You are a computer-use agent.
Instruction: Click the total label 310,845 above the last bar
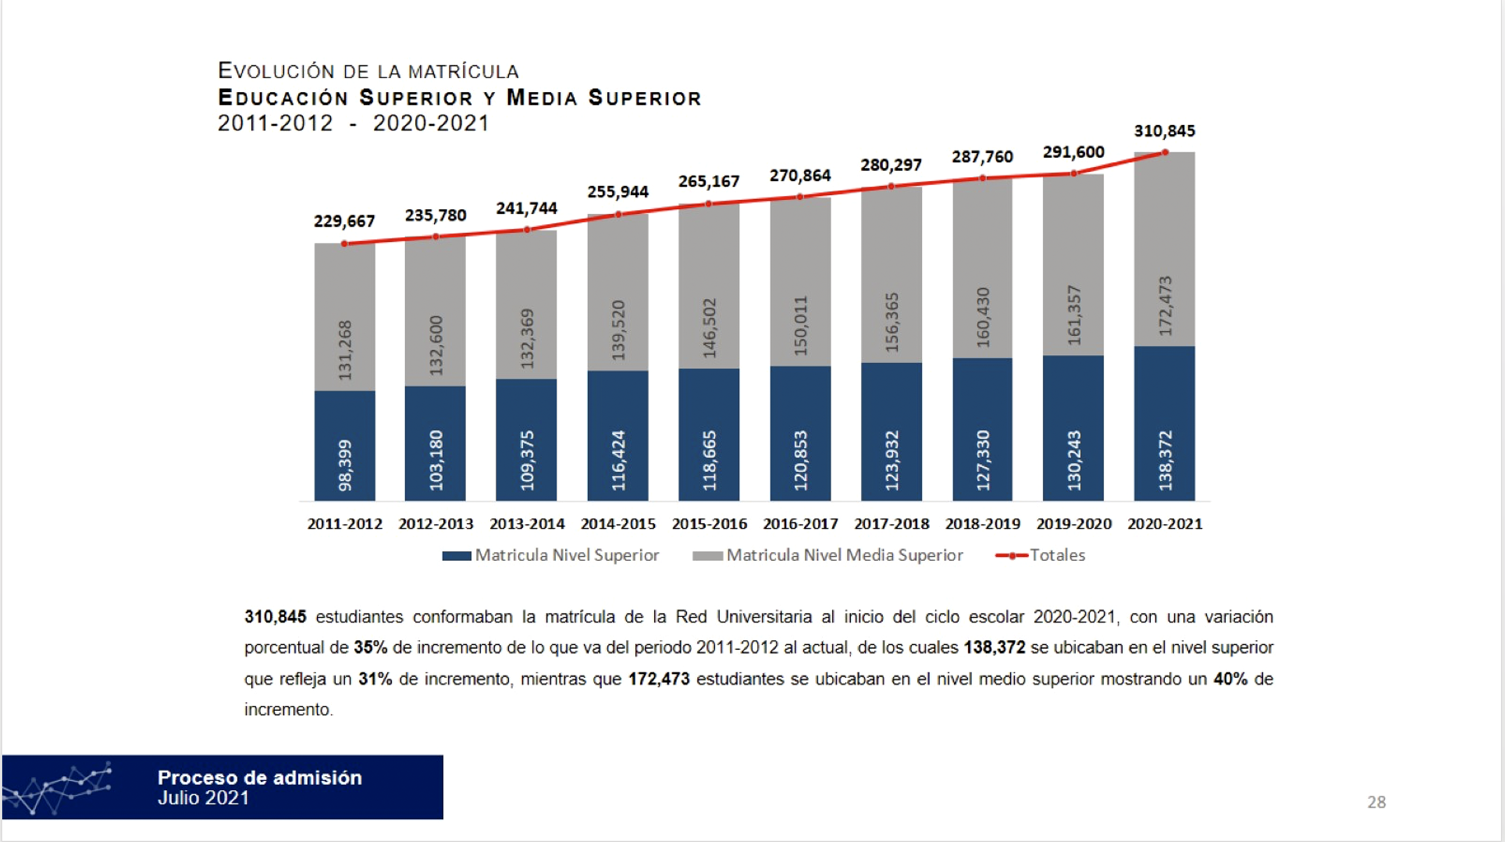1164,131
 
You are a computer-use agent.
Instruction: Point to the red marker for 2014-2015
618,215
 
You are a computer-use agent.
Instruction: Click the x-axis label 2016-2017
800,523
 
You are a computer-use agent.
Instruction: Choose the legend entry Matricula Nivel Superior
551,555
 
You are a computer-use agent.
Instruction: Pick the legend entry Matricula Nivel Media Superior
827,555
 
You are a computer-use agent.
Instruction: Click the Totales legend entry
1041,555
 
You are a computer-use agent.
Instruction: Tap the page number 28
1376,802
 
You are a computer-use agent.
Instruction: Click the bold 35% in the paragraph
370,647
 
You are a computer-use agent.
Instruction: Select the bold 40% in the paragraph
1231,679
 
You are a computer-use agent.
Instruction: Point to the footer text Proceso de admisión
260,778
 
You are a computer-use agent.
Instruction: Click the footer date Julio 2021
203,798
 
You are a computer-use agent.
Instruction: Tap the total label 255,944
618,192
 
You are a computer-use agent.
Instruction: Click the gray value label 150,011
800,325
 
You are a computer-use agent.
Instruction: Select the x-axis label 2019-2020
1074,523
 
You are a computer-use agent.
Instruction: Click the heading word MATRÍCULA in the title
463,72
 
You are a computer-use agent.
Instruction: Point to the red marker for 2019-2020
1073,174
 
